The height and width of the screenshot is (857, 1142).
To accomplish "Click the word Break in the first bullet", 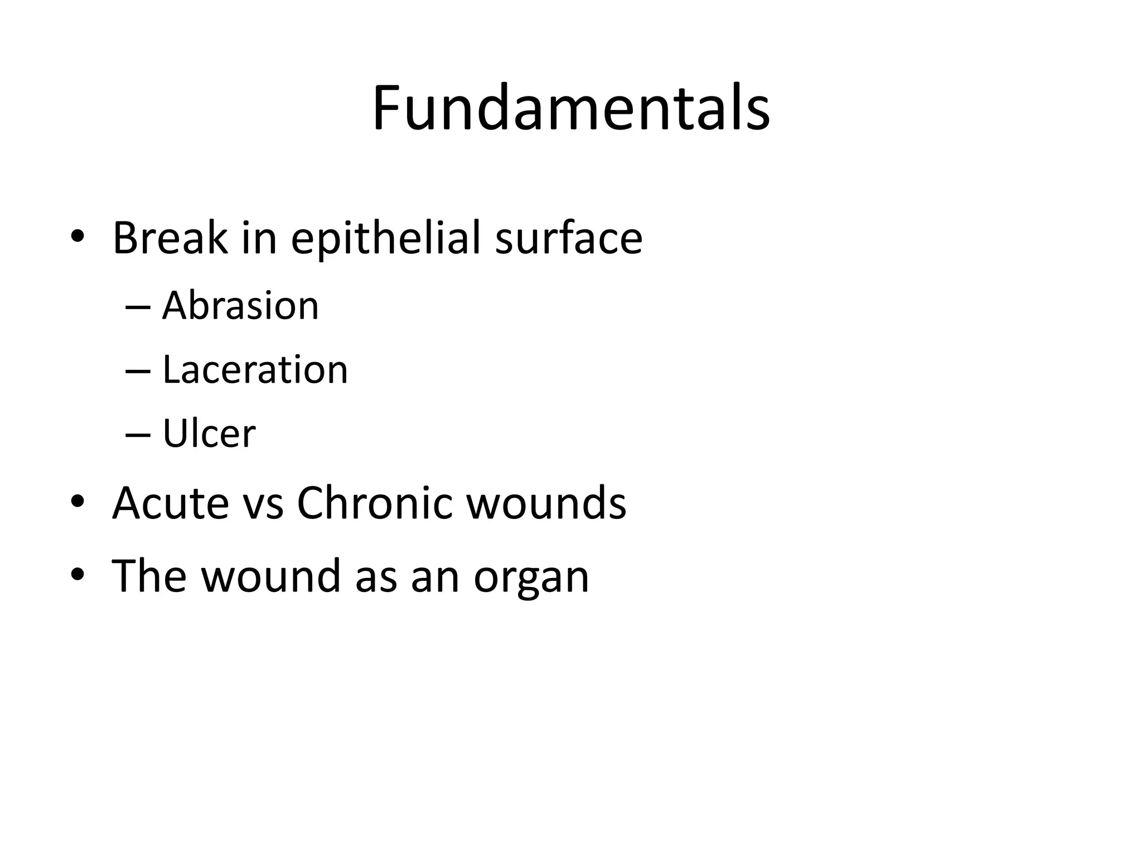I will pyautogui.click(x=170, y=238).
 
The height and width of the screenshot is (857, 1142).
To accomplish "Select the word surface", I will pyautogui.click(x=568, y=238).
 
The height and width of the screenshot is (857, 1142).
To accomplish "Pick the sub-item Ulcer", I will pyautogui.click(x=209, y=434).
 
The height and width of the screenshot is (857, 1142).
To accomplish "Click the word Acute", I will pyautogui.click(x=171, y=503).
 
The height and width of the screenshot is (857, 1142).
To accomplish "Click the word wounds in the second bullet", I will pyautogui.click(x=546, y=503).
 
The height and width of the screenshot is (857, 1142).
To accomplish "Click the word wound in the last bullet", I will pyautogui.click(x=270, y=576).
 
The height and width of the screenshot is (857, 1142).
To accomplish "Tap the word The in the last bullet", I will pyautogui.click(x=149, y=576).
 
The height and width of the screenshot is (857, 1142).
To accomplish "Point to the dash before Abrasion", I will pyautogui.click(x=138, y=307).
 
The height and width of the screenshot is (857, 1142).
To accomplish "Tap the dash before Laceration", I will pyautogui.click(x=138, y=371).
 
